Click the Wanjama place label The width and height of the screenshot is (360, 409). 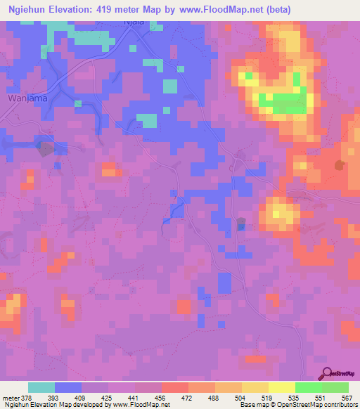tap(27, 98)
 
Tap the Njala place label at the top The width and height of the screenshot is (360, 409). tap(134, 22)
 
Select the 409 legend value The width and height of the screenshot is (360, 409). tap(82, 397)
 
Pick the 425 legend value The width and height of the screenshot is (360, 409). tap(108, 397)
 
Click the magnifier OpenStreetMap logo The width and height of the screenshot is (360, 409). tap(328, 375)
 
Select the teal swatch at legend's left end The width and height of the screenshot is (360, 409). tap(41, 387)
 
